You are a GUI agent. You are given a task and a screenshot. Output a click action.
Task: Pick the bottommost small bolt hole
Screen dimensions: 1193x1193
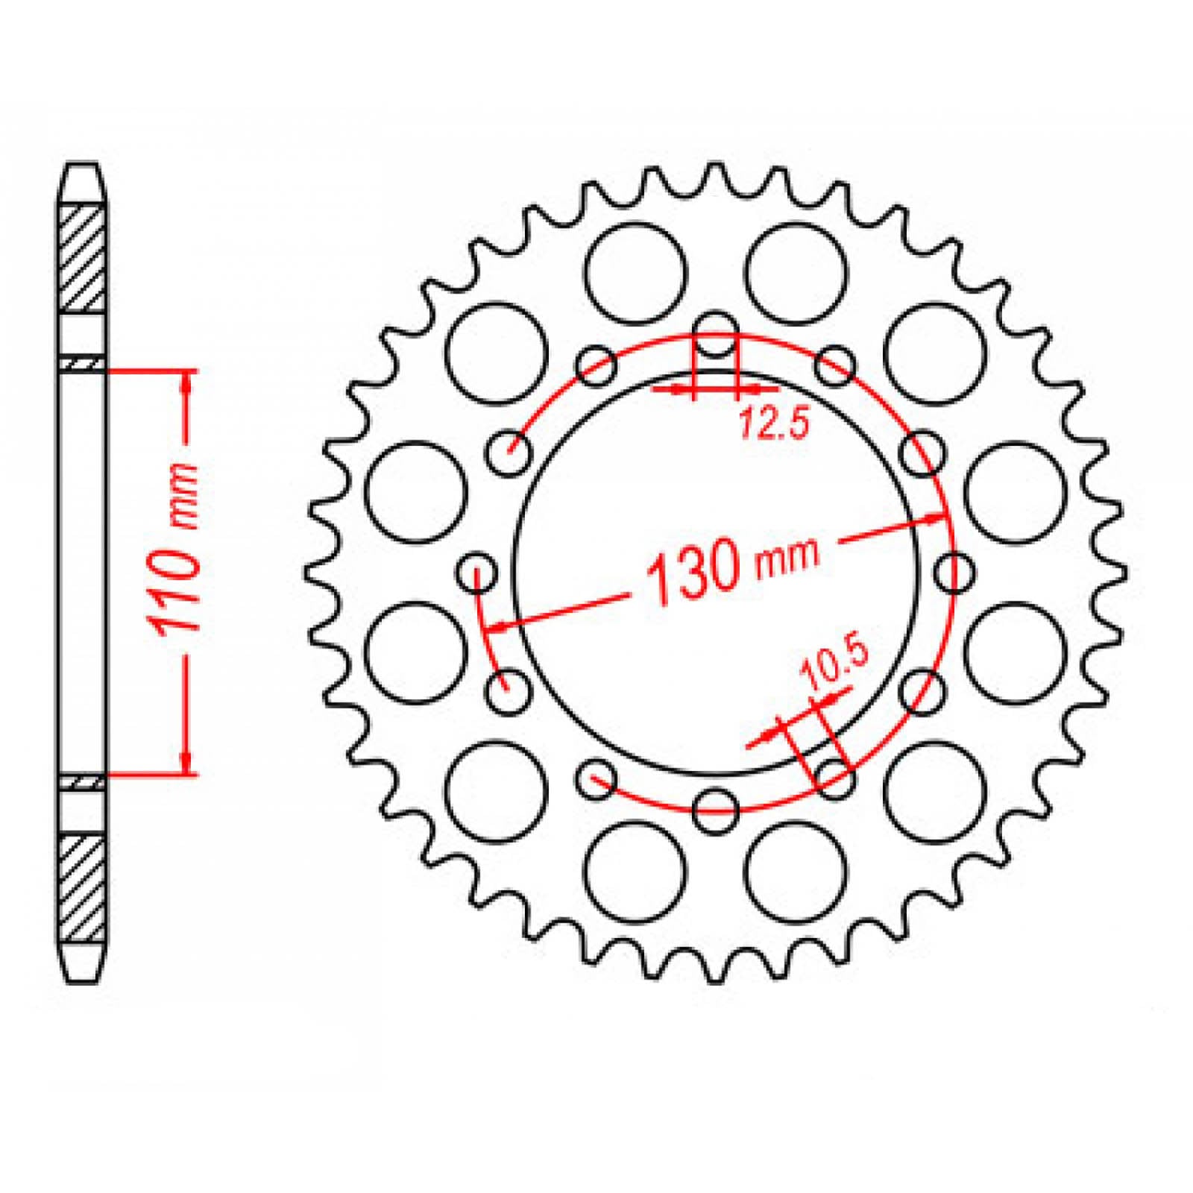point(715,808)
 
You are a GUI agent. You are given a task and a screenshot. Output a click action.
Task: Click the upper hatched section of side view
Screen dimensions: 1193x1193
point(81,257)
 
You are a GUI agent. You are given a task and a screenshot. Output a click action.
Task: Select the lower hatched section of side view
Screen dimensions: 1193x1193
point(81,889)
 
